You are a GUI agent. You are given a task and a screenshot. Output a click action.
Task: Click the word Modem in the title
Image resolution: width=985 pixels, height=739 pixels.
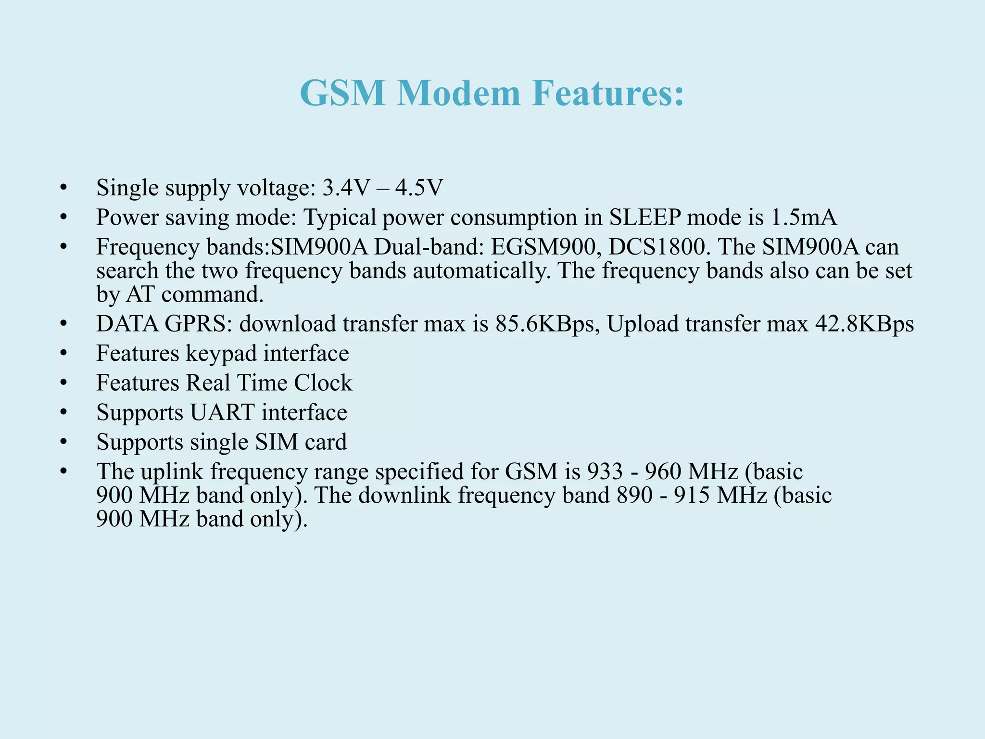point(458,93)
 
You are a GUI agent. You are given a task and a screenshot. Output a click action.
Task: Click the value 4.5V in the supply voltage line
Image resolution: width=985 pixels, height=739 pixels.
point(418,188)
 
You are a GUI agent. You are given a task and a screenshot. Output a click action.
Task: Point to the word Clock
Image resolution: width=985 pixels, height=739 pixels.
point(323,383)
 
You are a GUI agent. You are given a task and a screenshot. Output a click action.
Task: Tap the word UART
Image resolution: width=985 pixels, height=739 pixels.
point(222,413)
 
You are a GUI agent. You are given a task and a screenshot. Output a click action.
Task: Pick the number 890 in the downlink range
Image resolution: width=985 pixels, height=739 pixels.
point(635,496)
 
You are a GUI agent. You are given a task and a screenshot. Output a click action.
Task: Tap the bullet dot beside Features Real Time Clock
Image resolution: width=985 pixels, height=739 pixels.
point(63,383)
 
